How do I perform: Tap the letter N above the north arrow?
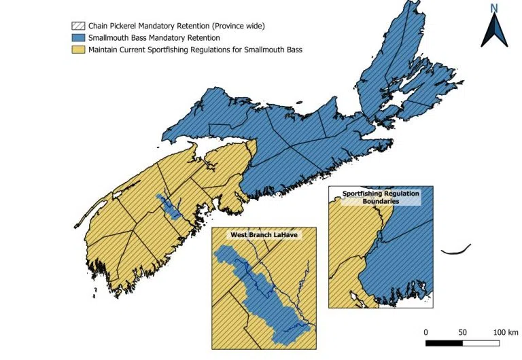pos(494,9)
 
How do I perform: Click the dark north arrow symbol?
pos(494,31)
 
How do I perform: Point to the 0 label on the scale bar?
pos(426,331)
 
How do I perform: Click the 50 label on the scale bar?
pos(463,331)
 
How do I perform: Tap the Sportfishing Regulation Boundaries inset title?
pos(381,197)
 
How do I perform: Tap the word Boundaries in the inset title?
pos(381,201)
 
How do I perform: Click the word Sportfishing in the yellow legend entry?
pos(188,50)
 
